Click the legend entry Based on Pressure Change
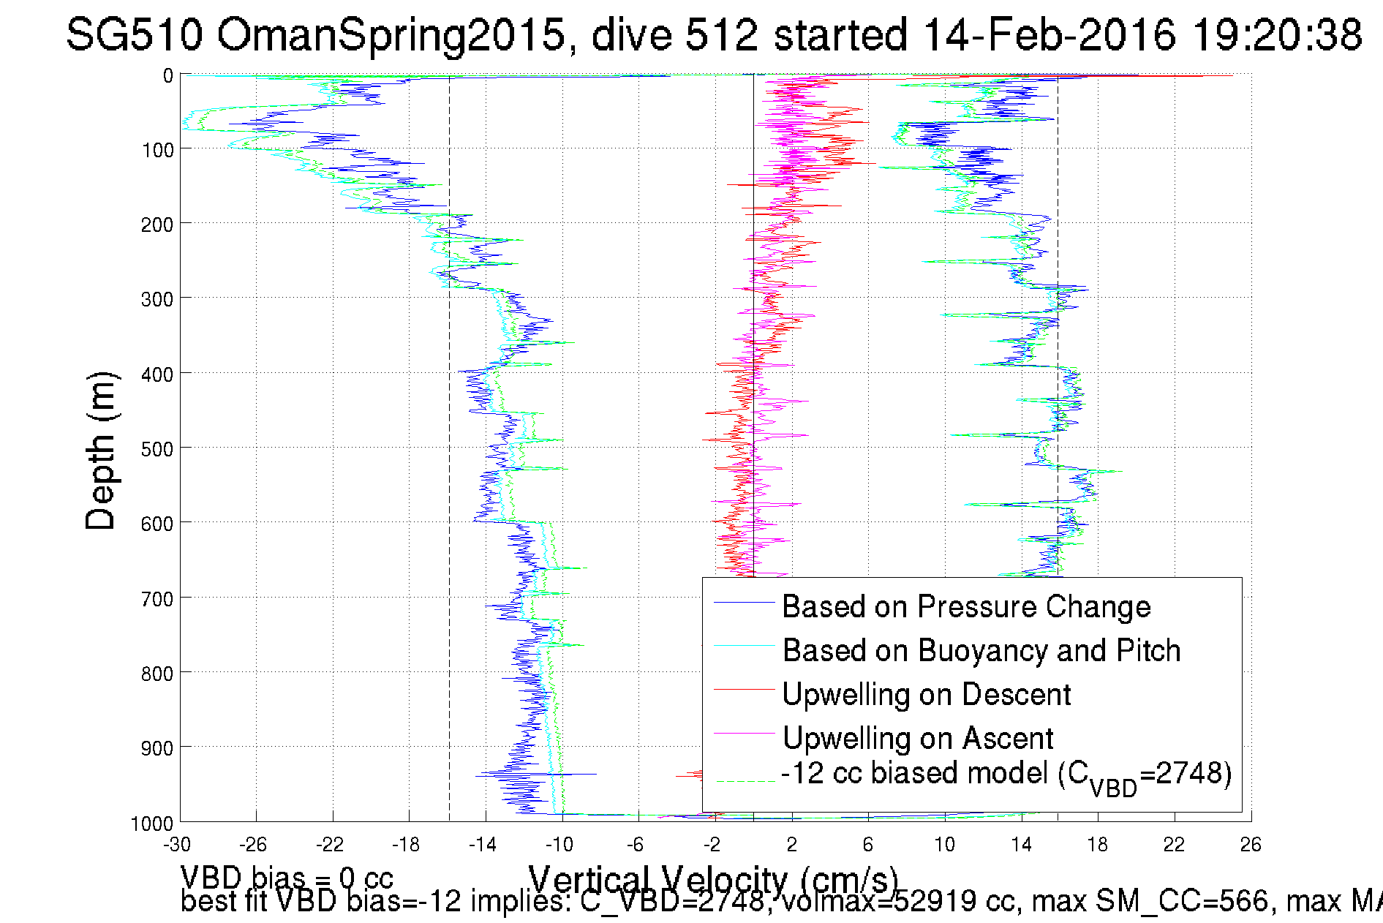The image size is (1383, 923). [x=966, y=607]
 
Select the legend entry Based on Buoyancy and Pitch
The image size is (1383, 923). [x=981, y=651]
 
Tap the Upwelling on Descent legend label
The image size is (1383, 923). [x=926, y=695]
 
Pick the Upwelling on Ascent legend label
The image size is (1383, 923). [x=917, y=739]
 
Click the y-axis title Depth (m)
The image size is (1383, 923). [x=101, y=450]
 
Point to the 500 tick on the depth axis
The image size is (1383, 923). [x=157, y=449]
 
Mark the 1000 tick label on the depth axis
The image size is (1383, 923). [x=152, y=824]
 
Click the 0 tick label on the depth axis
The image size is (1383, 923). [x=168, y=76]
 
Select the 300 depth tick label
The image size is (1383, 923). [x=157, y=299]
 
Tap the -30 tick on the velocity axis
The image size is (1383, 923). [x=177, y=845]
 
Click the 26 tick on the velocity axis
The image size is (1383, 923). [x=1251, y=845]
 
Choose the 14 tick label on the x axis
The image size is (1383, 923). [x=1021, y=845]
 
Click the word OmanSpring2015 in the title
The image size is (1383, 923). [x=391, y=34]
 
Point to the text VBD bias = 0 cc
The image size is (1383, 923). [x=287, y=877]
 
